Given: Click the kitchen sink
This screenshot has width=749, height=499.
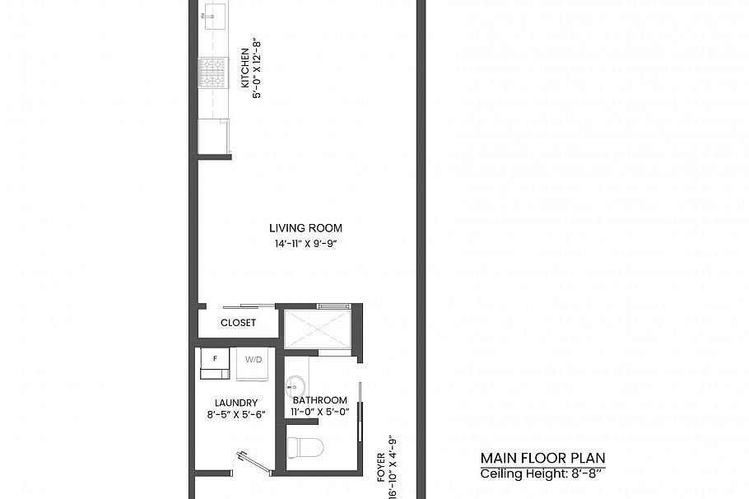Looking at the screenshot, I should coord(214,12).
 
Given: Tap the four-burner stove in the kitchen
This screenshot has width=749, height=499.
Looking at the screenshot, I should coord(213,72).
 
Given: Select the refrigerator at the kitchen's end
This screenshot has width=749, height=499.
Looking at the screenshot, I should coord(213,136).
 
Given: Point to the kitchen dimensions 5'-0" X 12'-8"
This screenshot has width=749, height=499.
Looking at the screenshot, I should coord(257,68).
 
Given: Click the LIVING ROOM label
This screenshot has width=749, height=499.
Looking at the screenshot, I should coord(305,228).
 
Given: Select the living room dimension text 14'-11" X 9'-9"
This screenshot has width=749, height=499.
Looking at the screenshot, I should coord(305,243).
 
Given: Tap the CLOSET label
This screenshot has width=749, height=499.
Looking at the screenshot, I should coord(238,323).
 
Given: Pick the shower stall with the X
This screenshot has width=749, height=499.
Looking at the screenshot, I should coord(318,329).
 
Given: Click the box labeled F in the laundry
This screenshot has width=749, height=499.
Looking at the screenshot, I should coord(216,363).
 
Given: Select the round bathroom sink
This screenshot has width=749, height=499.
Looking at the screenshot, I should coord(295,385).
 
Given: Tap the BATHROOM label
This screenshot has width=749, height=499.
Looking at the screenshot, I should coord(320,400).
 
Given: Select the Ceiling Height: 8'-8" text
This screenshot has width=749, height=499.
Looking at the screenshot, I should coord(542,473).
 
